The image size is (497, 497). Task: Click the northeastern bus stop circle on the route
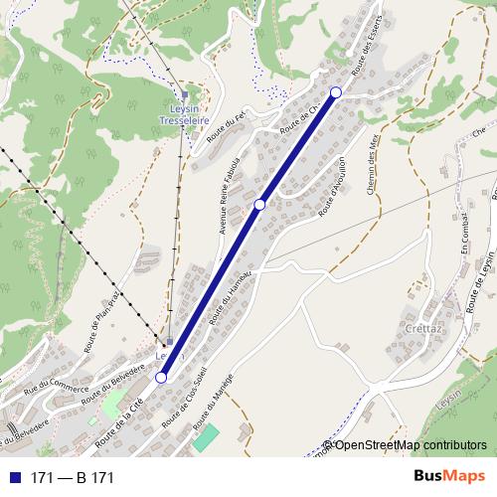[335, 92]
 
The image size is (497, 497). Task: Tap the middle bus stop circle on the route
[259, 204]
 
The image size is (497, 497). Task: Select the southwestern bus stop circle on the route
[161, 377]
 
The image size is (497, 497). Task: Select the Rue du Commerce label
[50, 391]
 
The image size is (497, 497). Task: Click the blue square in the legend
[13, 478]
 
